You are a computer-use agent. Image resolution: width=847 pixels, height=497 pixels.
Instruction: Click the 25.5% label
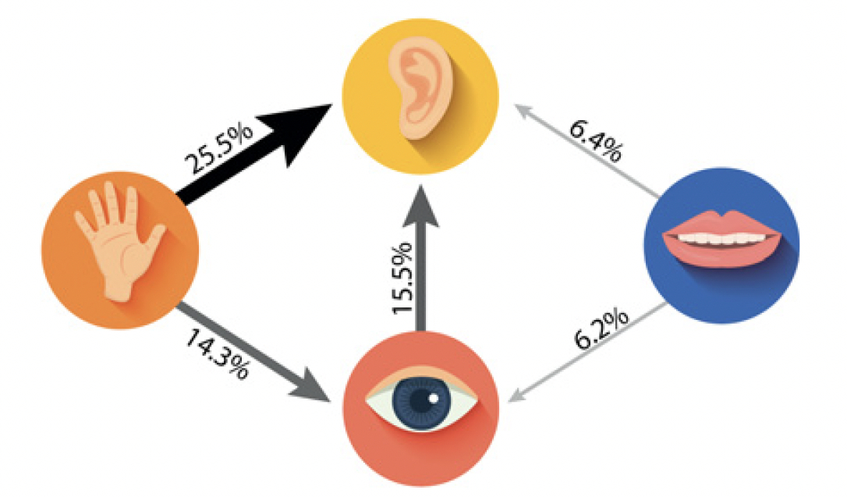pyautogui.click(x=219, y=147)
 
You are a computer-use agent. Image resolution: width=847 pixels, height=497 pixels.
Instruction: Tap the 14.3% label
pyautogui.click(x=218, y=352)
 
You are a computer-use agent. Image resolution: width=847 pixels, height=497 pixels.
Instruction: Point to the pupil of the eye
pyautogui.click(x=422, y=400)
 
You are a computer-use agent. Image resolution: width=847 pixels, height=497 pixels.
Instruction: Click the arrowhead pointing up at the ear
pyautogui.click(x=421, y=201)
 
